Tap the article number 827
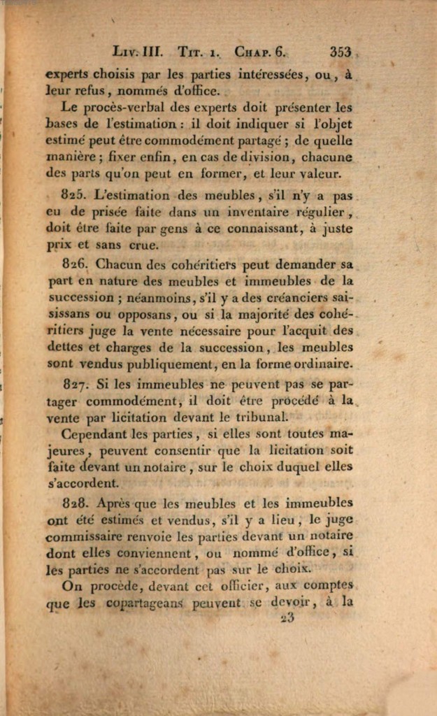tap(73, 384)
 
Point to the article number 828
tap(73, 503)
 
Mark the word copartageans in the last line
tap(146, 603)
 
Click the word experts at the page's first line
tap(67, 73)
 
